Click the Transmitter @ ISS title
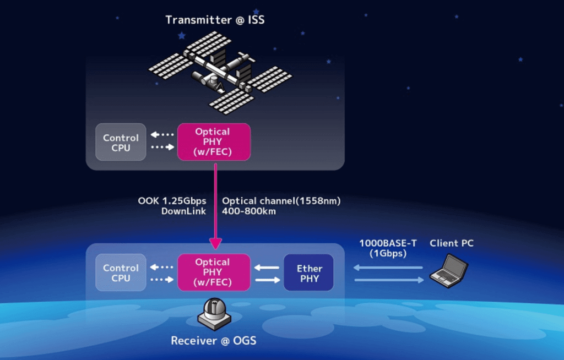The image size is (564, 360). tap(215, 20)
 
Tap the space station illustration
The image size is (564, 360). tap(220, 73)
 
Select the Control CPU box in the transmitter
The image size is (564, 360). tap(121, 142)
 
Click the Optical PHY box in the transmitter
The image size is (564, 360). tap(214, 142)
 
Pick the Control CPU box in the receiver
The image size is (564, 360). tap(121, 272)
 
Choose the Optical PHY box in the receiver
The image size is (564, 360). tap(214, 272)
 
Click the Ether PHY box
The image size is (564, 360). tap(308, 272)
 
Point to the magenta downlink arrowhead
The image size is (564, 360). tap(215, 243)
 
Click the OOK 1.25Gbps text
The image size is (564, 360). tap(172, 201)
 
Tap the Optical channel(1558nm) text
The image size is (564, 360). tap(281, 201)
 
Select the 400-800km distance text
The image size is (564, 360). tap(249, 211)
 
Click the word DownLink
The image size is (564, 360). tap(183, 211)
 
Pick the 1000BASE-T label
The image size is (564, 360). tap(388, 243)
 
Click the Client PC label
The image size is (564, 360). tap(452, 243)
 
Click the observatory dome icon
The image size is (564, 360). tap(214, 314)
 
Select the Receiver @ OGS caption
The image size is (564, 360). tap(214, 341)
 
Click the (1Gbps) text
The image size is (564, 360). tap(388, 254)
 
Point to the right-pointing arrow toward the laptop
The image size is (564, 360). tap(389, 280)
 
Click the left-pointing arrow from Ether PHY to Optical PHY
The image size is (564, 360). tap(267, 268)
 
